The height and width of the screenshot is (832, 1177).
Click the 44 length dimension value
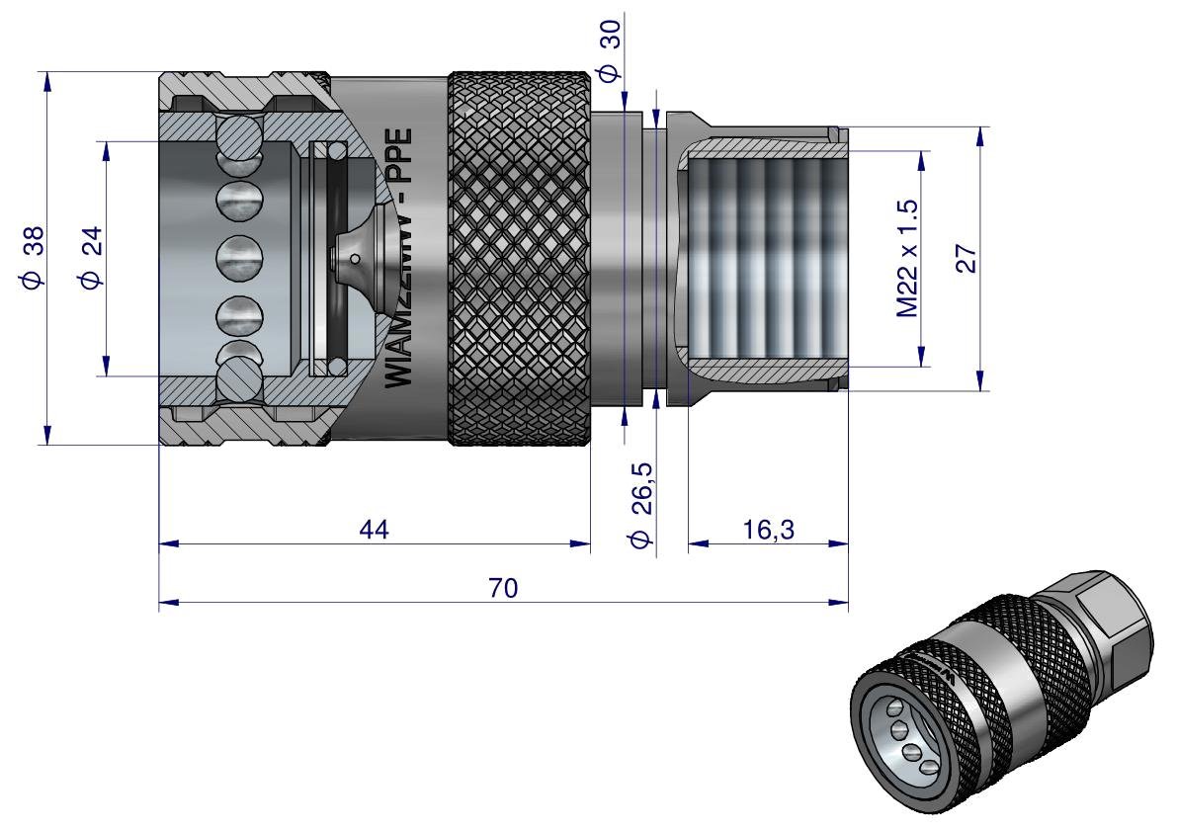pos(374,530)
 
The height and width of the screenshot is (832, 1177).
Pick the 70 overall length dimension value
pos(503,589)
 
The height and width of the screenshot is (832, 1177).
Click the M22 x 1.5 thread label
pos(906,258)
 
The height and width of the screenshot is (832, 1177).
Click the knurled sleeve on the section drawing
pos(521,258)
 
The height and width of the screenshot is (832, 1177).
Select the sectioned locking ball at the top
pos(238,136)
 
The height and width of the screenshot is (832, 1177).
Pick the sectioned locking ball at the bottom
pos(238,380)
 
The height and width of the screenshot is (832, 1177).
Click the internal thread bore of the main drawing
pos(761,259)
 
